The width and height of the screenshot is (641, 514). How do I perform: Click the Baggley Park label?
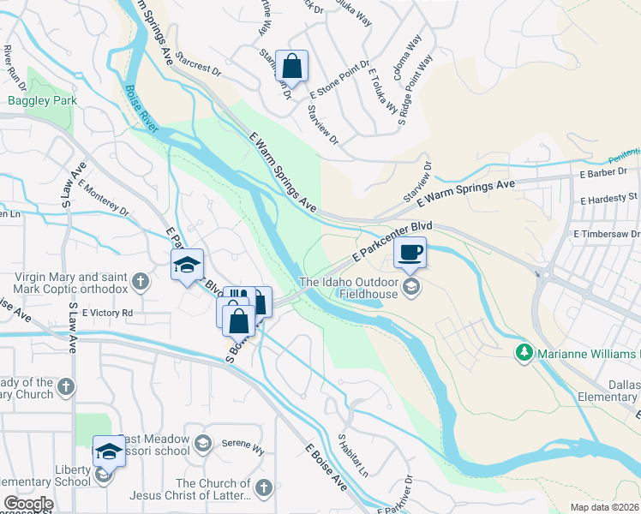(42, 100)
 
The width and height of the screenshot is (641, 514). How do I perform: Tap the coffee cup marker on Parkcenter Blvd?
(410, 254)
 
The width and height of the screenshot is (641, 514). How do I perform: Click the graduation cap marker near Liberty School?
(110, 451)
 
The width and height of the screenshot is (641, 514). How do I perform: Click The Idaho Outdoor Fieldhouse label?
(349, 290)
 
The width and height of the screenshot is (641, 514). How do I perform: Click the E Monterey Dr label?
(103, 196)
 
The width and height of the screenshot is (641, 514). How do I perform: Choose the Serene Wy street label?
(240, 446)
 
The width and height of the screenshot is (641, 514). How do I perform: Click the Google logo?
(28, 505)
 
